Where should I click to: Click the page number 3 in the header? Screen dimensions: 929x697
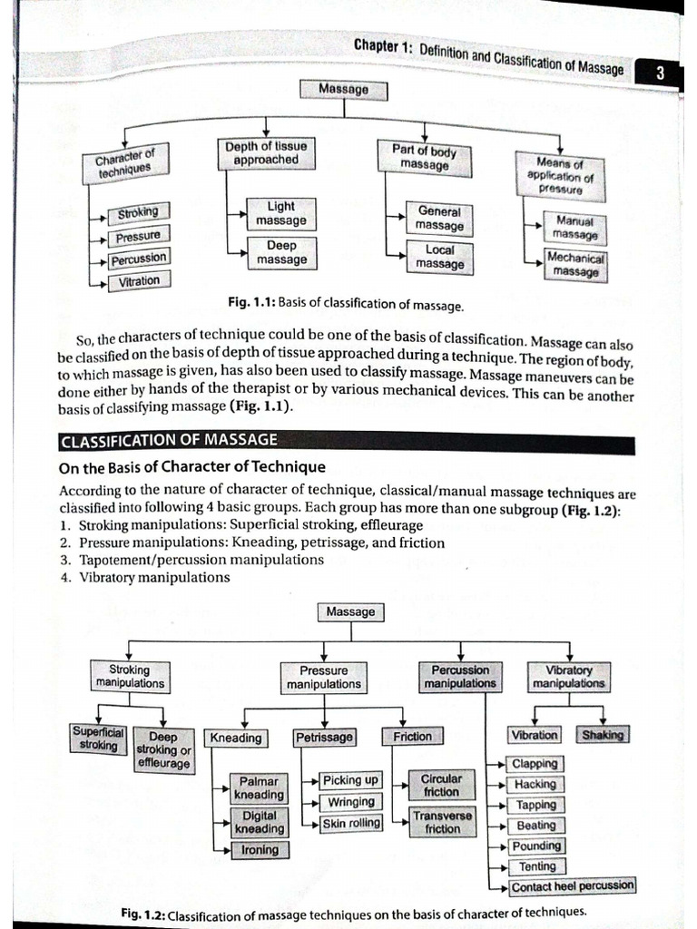pyautogui.click(x=660, y=75)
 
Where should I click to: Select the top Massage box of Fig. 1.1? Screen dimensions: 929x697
pyautogui.click(x=344, y=90)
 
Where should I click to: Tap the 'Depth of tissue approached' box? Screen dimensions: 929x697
pyautogui.click(x=265, y=152)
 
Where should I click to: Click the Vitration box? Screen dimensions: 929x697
pyautogui.click(x=138, y=281)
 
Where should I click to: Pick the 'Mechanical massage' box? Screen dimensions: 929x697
pyautogui.click(x=575, y=264)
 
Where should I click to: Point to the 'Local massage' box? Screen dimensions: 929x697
pyautogui.click(x=439, y=256)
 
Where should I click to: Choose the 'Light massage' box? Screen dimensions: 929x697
pyautogui.click(x=280, y=214)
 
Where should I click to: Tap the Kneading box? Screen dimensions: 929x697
pyautogui.click(x=235, y=738)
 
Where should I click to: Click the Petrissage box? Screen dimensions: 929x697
pyautogui.click(x=324, y=738)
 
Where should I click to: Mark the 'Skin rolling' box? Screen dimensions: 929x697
pyautogui.click(x=351, y=824)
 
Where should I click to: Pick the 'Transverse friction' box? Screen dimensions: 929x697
pyautogui.click(x=442, y=822)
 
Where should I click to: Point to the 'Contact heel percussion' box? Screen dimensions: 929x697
pyautogui.click(x=572, y=886)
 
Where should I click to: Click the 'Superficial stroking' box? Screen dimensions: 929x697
pyautogui.click(x=98, y=738)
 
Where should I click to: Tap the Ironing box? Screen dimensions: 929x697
pyautogui.click(x=260, y=850)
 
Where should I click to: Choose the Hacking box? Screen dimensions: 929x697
pyautogui.click(x=535, y=784)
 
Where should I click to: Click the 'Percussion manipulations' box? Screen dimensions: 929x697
pyautogui.click(x=460, y=677)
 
